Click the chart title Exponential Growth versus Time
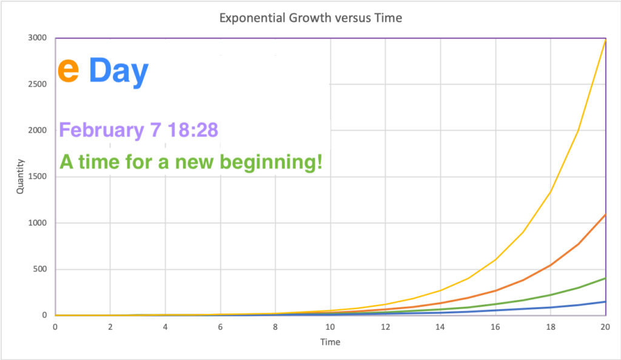click(311, 18)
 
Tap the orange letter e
click(68, 70)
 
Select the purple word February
click(102, 130)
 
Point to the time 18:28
click(193, 129)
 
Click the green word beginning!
click(271, 162)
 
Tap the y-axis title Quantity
click(20, 176)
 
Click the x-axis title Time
click(331, 342)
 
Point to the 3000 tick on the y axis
click(37, 38)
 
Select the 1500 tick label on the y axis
click(37, 176)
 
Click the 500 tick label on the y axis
click(39, 269)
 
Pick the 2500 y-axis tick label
click(37, 84)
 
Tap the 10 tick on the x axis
click(331, 327)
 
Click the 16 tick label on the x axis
click(495, 327)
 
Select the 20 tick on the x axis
click(605, 327)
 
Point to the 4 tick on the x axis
click(165, 327)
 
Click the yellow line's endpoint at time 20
click(606, 40)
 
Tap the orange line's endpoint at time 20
click(606, 215)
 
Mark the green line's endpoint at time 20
click(606, 278)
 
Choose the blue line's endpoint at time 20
click(606, 302)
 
